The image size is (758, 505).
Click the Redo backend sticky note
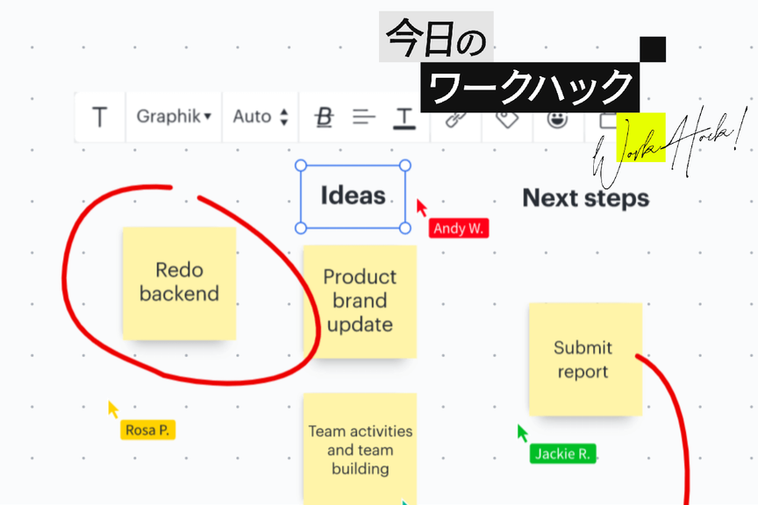coord(179,282)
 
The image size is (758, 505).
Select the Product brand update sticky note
coord(360,301)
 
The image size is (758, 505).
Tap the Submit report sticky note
coord(584,359)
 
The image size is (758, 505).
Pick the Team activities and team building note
coord(360,449)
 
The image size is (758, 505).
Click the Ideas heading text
coord(353,196)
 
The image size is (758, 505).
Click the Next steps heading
coord(586,198)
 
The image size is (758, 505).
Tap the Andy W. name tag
coord(459,228)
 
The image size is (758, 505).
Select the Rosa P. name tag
coord(148,430)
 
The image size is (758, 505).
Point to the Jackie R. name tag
coord(562,453)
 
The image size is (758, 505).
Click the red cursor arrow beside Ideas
coord(421,207)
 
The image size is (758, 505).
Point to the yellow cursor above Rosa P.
coord(112,409)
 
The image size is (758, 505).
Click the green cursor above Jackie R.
coord(522,432)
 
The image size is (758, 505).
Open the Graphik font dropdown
coord(174,117)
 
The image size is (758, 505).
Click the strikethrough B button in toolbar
coord(325,117)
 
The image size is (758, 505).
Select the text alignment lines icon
coord(364,117)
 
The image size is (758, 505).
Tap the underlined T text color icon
coord(404,117)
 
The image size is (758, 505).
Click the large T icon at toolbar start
coord(100,117)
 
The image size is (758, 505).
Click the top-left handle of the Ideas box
coord(300,165)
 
